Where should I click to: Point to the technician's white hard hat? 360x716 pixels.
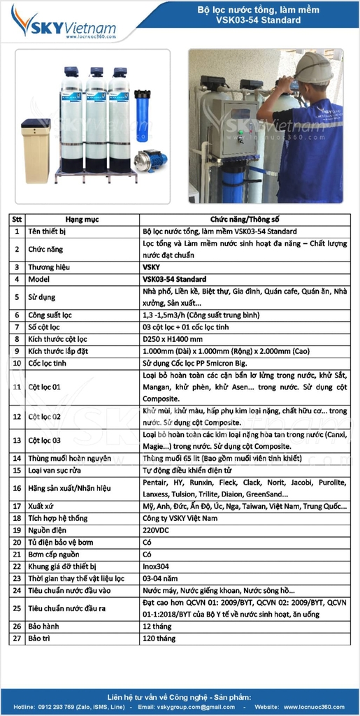(313, 67)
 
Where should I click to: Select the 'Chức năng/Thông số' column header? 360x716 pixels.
(245, 218)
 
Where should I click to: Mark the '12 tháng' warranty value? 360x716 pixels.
(158, 626)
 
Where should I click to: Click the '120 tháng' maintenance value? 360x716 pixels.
(159, 638)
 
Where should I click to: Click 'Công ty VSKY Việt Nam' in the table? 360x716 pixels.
(180, 518)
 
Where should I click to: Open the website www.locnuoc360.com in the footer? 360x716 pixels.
(315, 707)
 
